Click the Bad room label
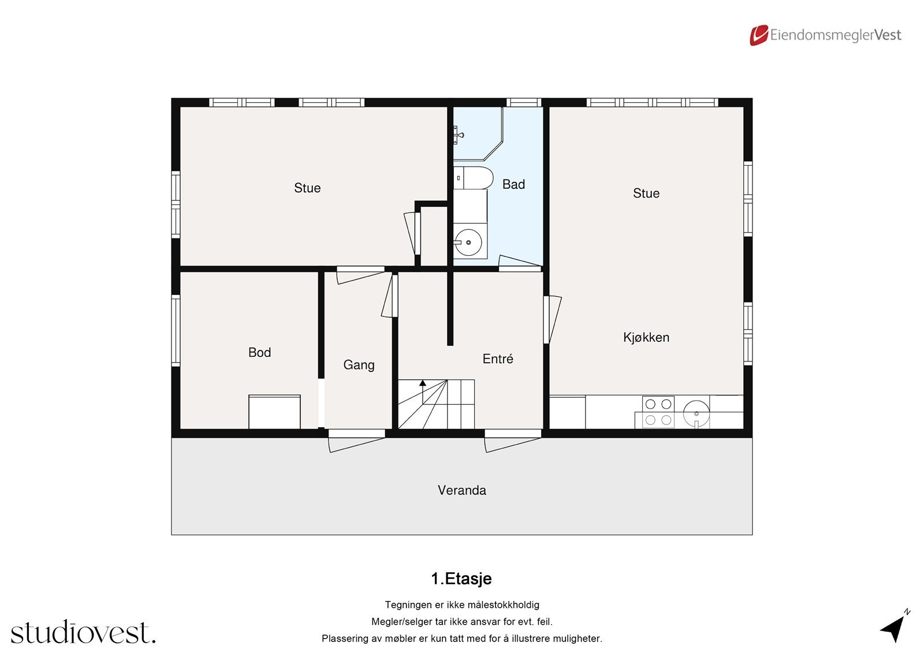pyautogui.click(x=513, y=184)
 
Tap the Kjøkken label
pyautogui.click(x=646, y=337)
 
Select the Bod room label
pyautogui.click(x=259, y=352)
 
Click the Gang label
pyautogui.click(x=359, y=365)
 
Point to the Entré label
pyautogui.click(x=497, y=359)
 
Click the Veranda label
pyautogui.click(x=461, y=490)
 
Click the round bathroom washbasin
pyautogui.click(x=468, y=242)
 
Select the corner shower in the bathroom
pyautogui.click(x=476, y=134)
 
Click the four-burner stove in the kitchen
pyautogui.click(x=658, y=412)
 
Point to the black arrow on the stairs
pyautogui.click(x=423, y=383)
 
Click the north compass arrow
pyautogui.click(x=894, y=628)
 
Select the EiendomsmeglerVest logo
pyautogui.click(x=825, y=35)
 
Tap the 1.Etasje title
pyautogui.click(x=461, y=579)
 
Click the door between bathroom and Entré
pyautogui.click(x=519, y=264)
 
